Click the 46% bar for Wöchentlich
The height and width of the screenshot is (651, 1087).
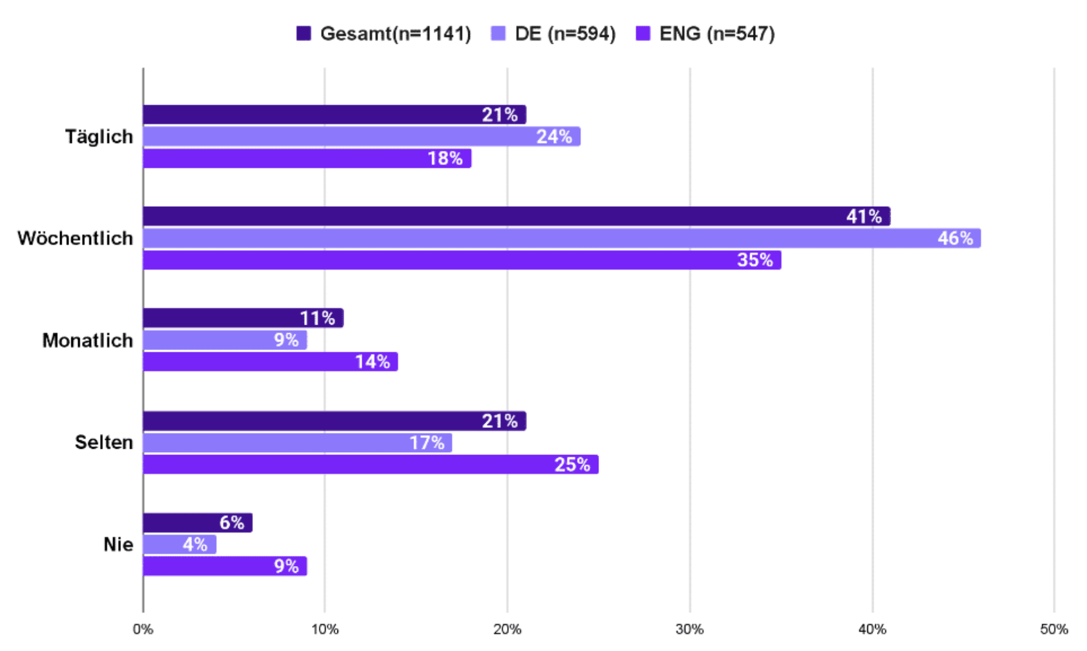[x=562, y=238]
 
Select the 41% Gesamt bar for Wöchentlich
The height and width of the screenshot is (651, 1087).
[x=516, y=216]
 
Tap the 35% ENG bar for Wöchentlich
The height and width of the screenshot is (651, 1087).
[x=462, y=260]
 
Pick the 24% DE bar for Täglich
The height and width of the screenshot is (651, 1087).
[x=362, y=137]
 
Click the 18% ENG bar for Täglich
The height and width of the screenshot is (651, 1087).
[x=307, y=158]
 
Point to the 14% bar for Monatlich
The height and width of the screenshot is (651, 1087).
[x=271, y=361]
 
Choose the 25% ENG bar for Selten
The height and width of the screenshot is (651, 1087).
[x=371, y=465]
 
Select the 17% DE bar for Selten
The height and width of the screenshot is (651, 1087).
[x=298, y=442]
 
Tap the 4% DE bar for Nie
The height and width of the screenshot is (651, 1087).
[x=179, y=544]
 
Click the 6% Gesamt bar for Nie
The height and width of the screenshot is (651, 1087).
[x=198, y=522]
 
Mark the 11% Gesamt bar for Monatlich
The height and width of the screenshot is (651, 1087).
[x=243, y=318]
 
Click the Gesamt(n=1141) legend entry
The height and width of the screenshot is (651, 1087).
[x=384, y=33]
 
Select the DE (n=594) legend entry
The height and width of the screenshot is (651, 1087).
[x=554, y=33]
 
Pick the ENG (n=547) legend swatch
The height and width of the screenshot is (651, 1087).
[x=643, y=33]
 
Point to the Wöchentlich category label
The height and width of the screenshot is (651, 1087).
[x=75, y=239]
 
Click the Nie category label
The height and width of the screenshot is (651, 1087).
[x=118, y=544]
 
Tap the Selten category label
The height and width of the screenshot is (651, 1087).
[x=104, y=442]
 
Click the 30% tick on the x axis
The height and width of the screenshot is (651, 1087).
[x=690, y=629]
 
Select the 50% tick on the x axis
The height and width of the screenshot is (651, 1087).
[x=1054, y=629]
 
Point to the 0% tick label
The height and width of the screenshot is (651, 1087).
[x=143, y=629]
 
